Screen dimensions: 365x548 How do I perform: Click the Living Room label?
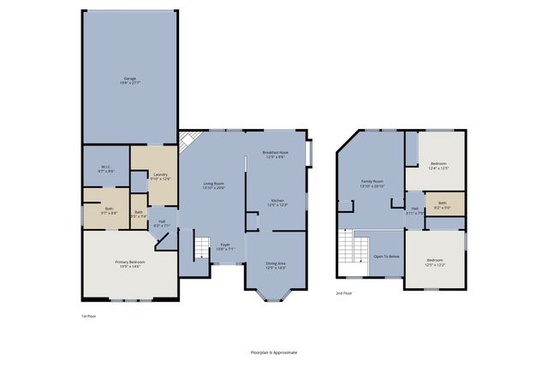(213, 185)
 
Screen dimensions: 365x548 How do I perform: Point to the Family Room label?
(372, 183)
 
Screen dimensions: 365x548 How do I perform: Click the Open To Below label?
(386, 256)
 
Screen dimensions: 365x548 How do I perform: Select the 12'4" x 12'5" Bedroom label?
(438, 165)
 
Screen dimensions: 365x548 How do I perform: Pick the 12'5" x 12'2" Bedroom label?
(436, 262)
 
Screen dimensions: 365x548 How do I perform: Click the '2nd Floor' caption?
(343, 292)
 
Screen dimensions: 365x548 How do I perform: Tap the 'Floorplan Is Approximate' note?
(274, 351)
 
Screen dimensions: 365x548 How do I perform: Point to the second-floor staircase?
(347, 250)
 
